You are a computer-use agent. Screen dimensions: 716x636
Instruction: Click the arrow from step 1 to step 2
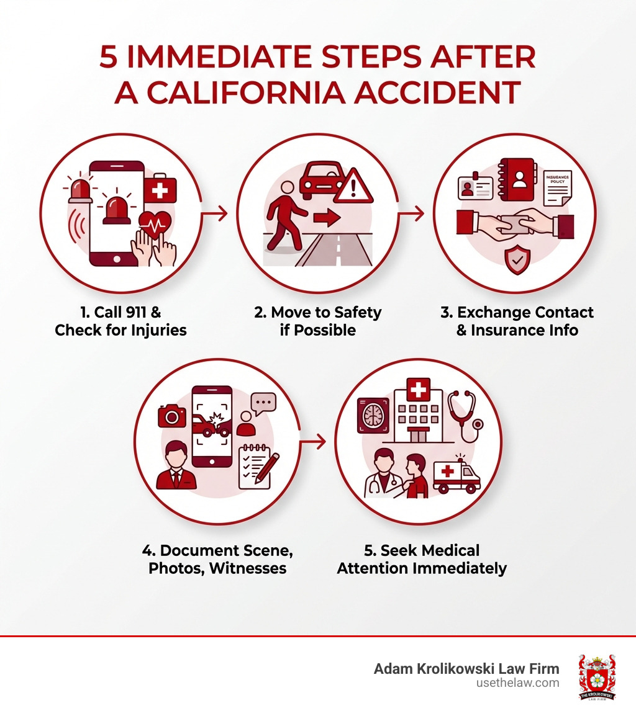coord(215,214)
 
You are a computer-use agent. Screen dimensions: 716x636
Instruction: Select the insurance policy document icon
coord(557,188)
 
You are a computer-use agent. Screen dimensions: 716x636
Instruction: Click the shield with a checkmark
coord(517,260)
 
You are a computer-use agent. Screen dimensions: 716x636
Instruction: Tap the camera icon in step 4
coord(172,415)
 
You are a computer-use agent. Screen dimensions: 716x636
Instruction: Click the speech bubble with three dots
coord(263,403)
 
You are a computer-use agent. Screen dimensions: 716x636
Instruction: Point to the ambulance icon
coord(457,477)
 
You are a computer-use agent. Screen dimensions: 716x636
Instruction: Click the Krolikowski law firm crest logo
coord(596,677)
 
